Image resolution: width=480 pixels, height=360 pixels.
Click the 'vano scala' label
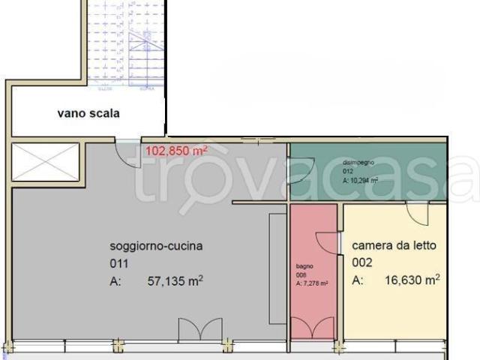(88, 114)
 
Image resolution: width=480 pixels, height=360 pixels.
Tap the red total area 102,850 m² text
(176, 150)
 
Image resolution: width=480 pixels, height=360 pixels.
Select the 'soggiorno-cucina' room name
(157, 246)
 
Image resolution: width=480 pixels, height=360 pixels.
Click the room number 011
(119, 263)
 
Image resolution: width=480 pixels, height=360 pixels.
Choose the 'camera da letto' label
(394, 245)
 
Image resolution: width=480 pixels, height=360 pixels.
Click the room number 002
(361, 262)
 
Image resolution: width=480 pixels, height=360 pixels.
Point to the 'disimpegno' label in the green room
(355, 162)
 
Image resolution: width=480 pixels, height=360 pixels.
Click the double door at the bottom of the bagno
(313, 328)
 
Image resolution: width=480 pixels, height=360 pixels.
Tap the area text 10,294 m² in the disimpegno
(360, 180)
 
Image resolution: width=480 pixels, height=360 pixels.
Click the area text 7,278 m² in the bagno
(312, 283)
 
